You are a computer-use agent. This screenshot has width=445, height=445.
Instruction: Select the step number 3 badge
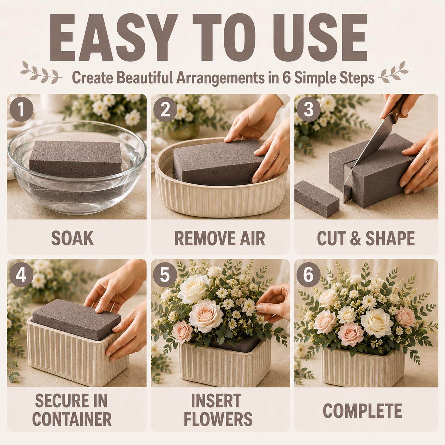tap(309, 110)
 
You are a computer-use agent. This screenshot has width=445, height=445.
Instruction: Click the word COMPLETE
tap(362, 411)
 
